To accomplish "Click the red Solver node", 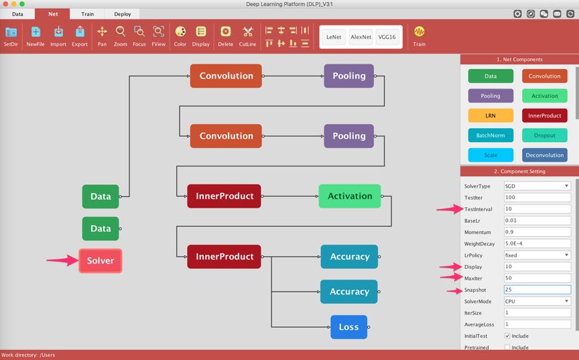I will (101, 261).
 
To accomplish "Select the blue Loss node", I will (348, 327).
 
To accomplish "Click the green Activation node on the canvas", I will (349, 196).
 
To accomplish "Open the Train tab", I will (87, 13).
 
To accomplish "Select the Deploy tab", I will (122, 13).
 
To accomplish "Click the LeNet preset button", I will (334, 38).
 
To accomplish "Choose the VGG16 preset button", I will (387, 38).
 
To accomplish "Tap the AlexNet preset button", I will (361, 38).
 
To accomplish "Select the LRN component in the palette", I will (491, 115).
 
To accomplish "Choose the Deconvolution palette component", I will (544, 155).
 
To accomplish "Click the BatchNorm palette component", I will (491, 135).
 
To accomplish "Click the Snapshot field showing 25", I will (537, 290).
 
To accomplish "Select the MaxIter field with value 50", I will (537, 278).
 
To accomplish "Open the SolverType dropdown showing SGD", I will (537, 186).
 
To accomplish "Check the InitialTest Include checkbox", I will (507, 336).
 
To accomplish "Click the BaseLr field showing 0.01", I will (537, 221).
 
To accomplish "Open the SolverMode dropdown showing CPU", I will (537, 301).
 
